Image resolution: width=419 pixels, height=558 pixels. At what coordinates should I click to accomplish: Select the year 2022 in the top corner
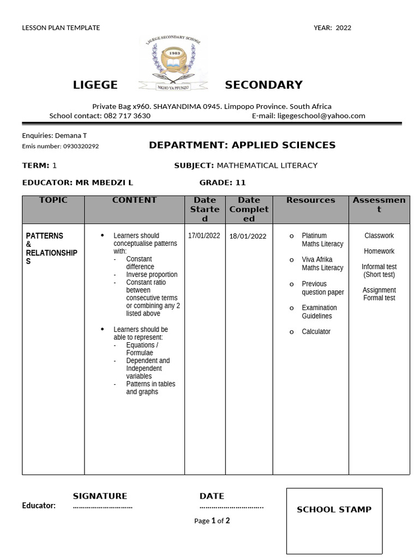pyautogui.click(x=344, y=28)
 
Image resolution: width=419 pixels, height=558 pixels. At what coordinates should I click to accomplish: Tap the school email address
pyautogui.click(x=321, y=116)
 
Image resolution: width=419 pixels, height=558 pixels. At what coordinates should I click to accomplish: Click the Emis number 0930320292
pyautogui.click(x=81, y=147)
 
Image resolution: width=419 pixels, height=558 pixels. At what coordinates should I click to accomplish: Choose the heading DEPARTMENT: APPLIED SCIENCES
pyautogui.click(x=242, y=145)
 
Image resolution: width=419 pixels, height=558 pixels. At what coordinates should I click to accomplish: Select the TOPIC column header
pyautogui.click(x=53, y=200)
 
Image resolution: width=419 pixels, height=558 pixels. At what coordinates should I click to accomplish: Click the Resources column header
pyautogui.click(x=310, y=200)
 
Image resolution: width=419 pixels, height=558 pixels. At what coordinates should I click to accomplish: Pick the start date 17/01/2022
pyautogui.click(x=204, y=235)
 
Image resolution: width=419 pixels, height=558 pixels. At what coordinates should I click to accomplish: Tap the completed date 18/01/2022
pyautogui.click(x=248, y=236)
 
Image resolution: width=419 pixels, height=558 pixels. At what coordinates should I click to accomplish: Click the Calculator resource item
pyautogui.click(x=316, y=331)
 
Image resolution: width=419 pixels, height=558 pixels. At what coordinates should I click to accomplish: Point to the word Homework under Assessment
pyautogui.click(x=379, y=251)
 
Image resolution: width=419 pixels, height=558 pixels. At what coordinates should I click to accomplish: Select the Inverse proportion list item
pyautogui.click(x=152, y=275)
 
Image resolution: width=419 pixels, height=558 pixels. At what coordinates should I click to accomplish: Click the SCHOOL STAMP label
pyautogui.click(x=334, y=510)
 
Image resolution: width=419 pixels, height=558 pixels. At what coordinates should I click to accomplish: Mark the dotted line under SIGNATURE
pyautogui.click(x=103, y=506)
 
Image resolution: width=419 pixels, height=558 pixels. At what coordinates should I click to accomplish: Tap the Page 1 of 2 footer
pyautogui.click(x=212, y=521)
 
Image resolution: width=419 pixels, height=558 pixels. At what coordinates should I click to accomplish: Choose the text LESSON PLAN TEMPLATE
pyautogui.click(x=61, y=28)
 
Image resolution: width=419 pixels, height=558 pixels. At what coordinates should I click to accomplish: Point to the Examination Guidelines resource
pyautogui.click(x=320, y=312)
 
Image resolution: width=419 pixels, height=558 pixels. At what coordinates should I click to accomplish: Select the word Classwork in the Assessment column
pyautogui.click(x=379, y=235)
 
